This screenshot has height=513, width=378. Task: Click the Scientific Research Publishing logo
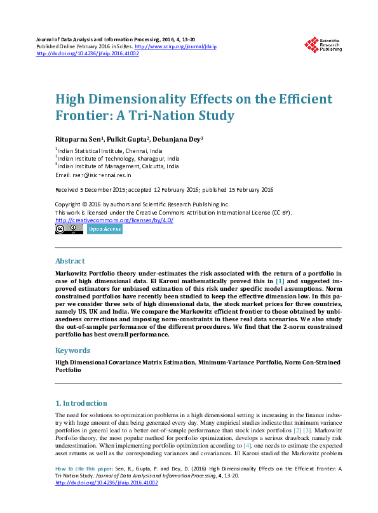pos(323,44)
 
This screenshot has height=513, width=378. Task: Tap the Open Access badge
pos(104,229)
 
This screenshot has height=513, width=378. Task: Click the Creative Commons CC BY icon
pos(69,229)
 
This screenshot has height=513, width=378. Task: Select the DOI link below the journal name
pos(88,53)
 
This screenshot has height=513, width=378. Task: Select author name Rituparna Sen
pos(79,139)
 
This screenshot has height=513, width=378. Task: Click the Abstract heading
pos(70,261)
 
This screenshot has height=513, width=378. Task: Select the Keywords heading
pos(72,350)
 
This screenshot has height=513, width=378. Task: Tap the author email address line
pos(93,175)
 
